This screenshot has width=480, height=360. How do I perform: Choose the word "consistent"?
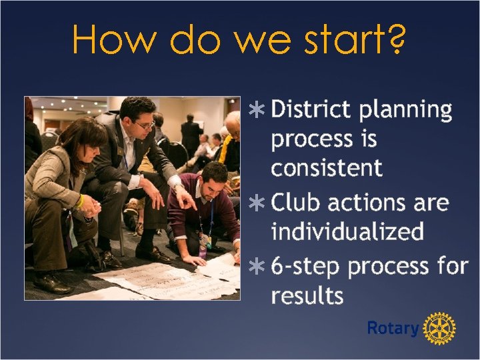point(327,167)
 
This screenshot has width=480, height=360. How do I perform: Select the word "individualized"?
point(347,231)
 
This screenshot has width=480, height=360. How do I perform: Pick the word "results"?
point(307,295)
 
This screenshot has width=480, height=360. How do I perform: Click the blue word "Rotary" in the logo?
point(392,328)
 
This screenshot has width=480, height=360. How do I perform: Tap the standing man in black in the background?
point(190,136)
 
